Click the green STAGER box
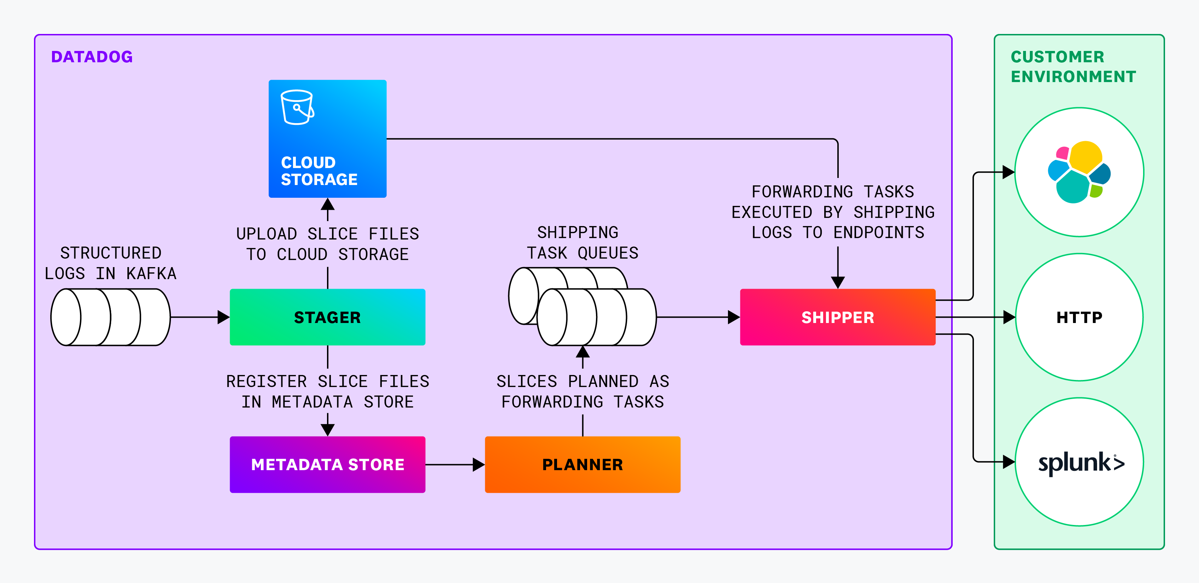pos(327,317)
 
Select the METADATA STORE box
pos(327,464)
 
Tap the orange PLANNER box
pos(582,464)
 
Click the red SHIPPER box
pos(837,317)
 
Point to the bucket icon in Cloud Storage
pos(297,108)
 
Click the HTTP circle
pos(1079,317)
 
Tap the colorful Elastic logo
pos(1079,172)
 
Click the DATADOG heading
pos(92,57)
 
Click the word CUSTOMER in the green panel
pos(1057,57)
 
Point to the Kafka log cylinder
pos(110,317)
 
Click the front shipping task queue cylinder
pos(596,317)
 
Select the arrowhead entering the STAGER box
pos(224,317)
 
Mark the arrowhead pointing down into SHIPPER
pos(837,282)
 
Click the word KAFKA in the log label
pos(151,273)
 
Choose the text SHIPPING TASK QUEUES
pos(582,242)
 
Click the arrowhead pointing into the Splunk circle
pos(1009,462)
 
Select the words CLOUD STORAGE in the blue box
pos(319,171)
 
